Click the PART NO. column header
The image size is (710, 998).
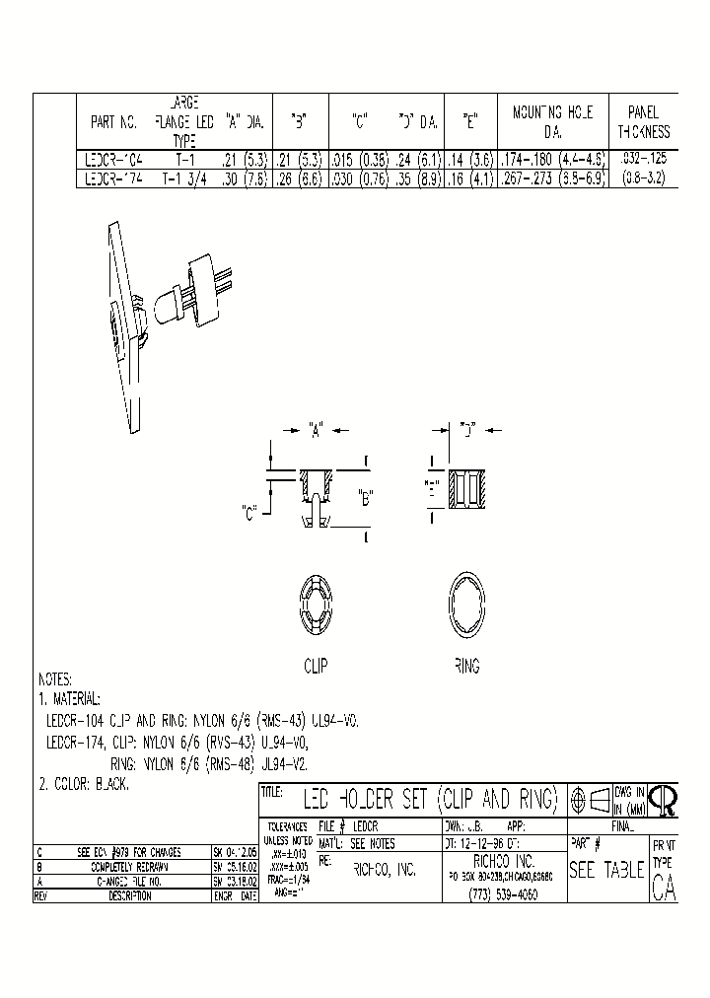[x=113, y=124]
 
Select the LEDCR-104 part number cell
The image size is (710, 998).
[x=114, y=158]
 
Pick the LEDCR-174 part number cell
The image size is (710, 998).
[x=114, y=178]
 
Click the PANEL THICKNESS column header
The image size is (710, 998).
[x=643, y=122]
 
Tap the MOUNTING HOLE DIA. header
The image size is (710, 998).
[x=553, y=122]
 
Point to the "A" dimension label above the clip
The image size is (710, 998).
[x=317, y=430]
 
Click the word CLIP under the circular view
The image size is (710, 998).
[x=316, y=667]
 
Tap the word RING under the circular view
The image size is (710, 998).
[x=466, y=667]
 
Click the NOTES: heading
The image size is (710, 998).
[x=57, y=679]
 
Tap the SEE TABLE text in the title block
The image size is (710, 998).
[x=606, y=871]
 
